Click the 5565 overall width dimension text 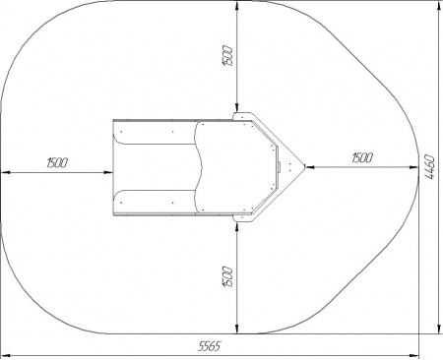click(210, 346)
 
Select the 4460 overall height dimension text click(430, 167)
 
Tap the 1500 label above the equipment click(228, 56)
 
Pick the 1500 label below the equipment click(228, 277)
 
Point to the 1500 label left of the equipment click(57, 162)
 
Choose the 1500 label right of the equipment click(362, 157)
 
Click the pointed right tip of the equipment click(305, 166)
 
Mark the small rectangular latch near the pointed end click(280, 167)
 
